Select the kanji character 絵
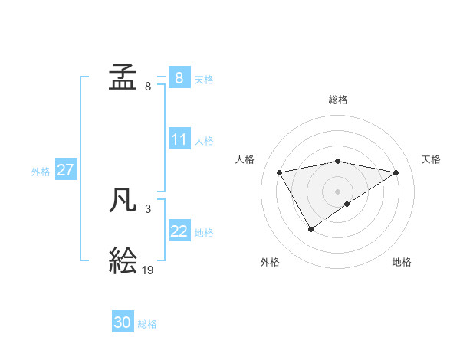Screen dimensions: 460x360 pos(123,261)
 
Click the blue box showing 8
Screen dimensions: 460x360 pos(179,78)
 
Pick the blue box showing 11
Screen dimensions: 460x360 pos(179,140)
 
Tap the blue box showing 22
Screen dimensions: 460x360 pos(179,232)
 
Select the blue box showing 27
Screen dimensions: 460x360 pos(65,170)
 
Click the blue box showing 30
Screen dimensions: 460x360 pos(123,322)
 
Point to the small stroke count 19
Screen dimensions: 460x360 pos(148,270)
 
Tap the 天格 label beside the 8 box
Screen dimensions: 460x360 pos(204,80)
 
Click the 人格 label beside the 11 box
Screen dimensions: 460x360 pos(204,141)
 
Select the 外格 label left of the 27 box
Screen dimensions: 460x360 pos(41,172)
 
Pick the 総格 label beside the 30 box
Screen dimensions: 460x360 pos(147,324)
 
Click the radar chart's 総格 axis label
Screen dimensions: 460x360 pos(338,100)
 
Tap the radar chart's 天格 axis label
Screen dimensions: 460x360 pos(432,159)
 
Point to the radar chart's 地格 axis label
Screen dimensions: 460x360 pos(402,262)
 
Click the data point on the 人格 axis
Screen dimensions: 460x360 pos(280,172)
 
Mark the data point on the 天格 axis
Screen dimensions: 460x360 pos(396,172)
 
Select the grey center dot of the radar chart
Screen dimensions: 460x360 pos(338,191)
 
